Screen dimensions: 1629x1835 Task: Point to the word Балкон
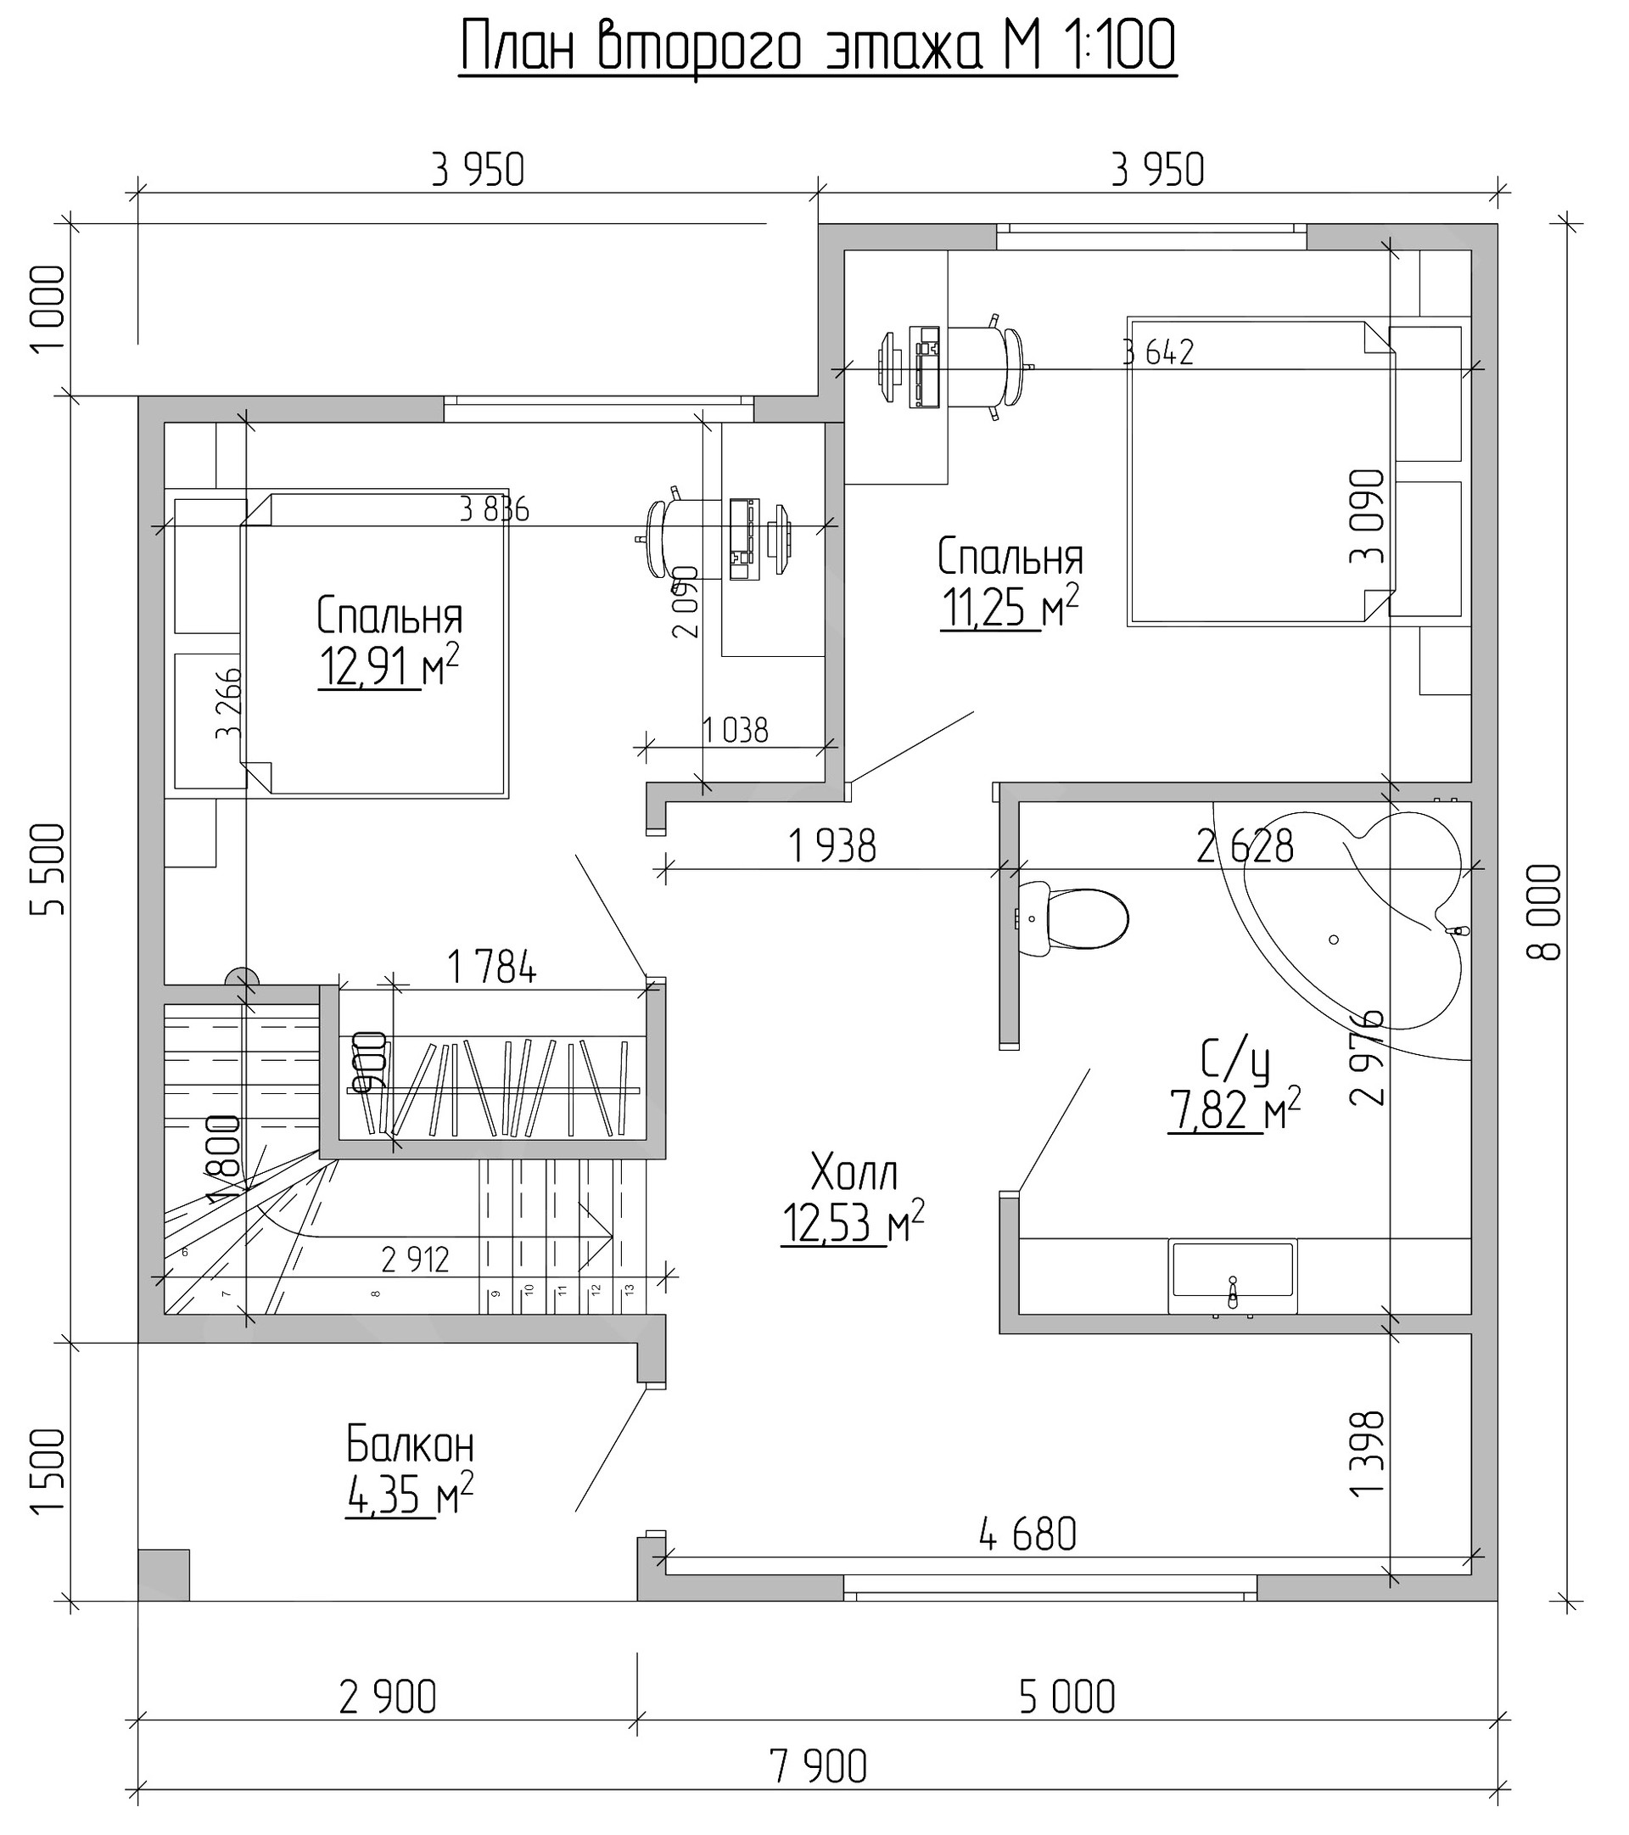pos(410,1446)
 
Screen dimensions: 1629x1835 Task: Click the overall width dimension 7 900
pos(818,1767)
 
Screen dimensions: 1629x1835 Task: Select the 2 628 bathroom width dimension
pos(1245,845)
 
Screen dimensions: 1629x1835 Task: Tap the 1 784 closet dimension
pos(491,967)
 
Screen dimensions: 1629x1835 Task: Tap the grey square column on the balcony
pos(164,1574)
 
